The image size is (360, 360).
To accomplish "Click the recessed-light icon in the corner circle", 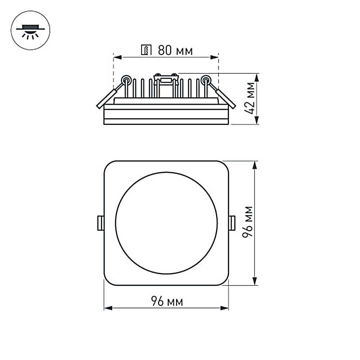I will point(31,31).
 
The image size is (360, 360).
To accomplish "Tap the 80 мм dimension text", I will point(175,50).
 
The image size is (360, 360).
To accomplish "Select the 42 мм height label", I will point(251,99).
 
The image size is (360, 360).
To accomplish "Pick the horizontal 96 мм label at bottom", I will point(166,302).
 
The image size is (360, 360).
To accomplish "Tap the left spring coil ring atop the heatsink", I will point(126,80).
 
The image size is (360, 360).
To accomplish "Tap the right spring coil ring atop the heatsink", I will point(206,80).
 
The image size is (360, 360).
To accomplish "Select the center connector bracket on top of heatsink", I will point(166,78).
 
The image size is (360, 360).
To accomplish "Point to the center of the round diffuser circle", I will point(166,223).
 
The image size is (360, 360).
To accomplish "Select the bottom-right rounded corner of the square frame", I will point(225,282).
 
